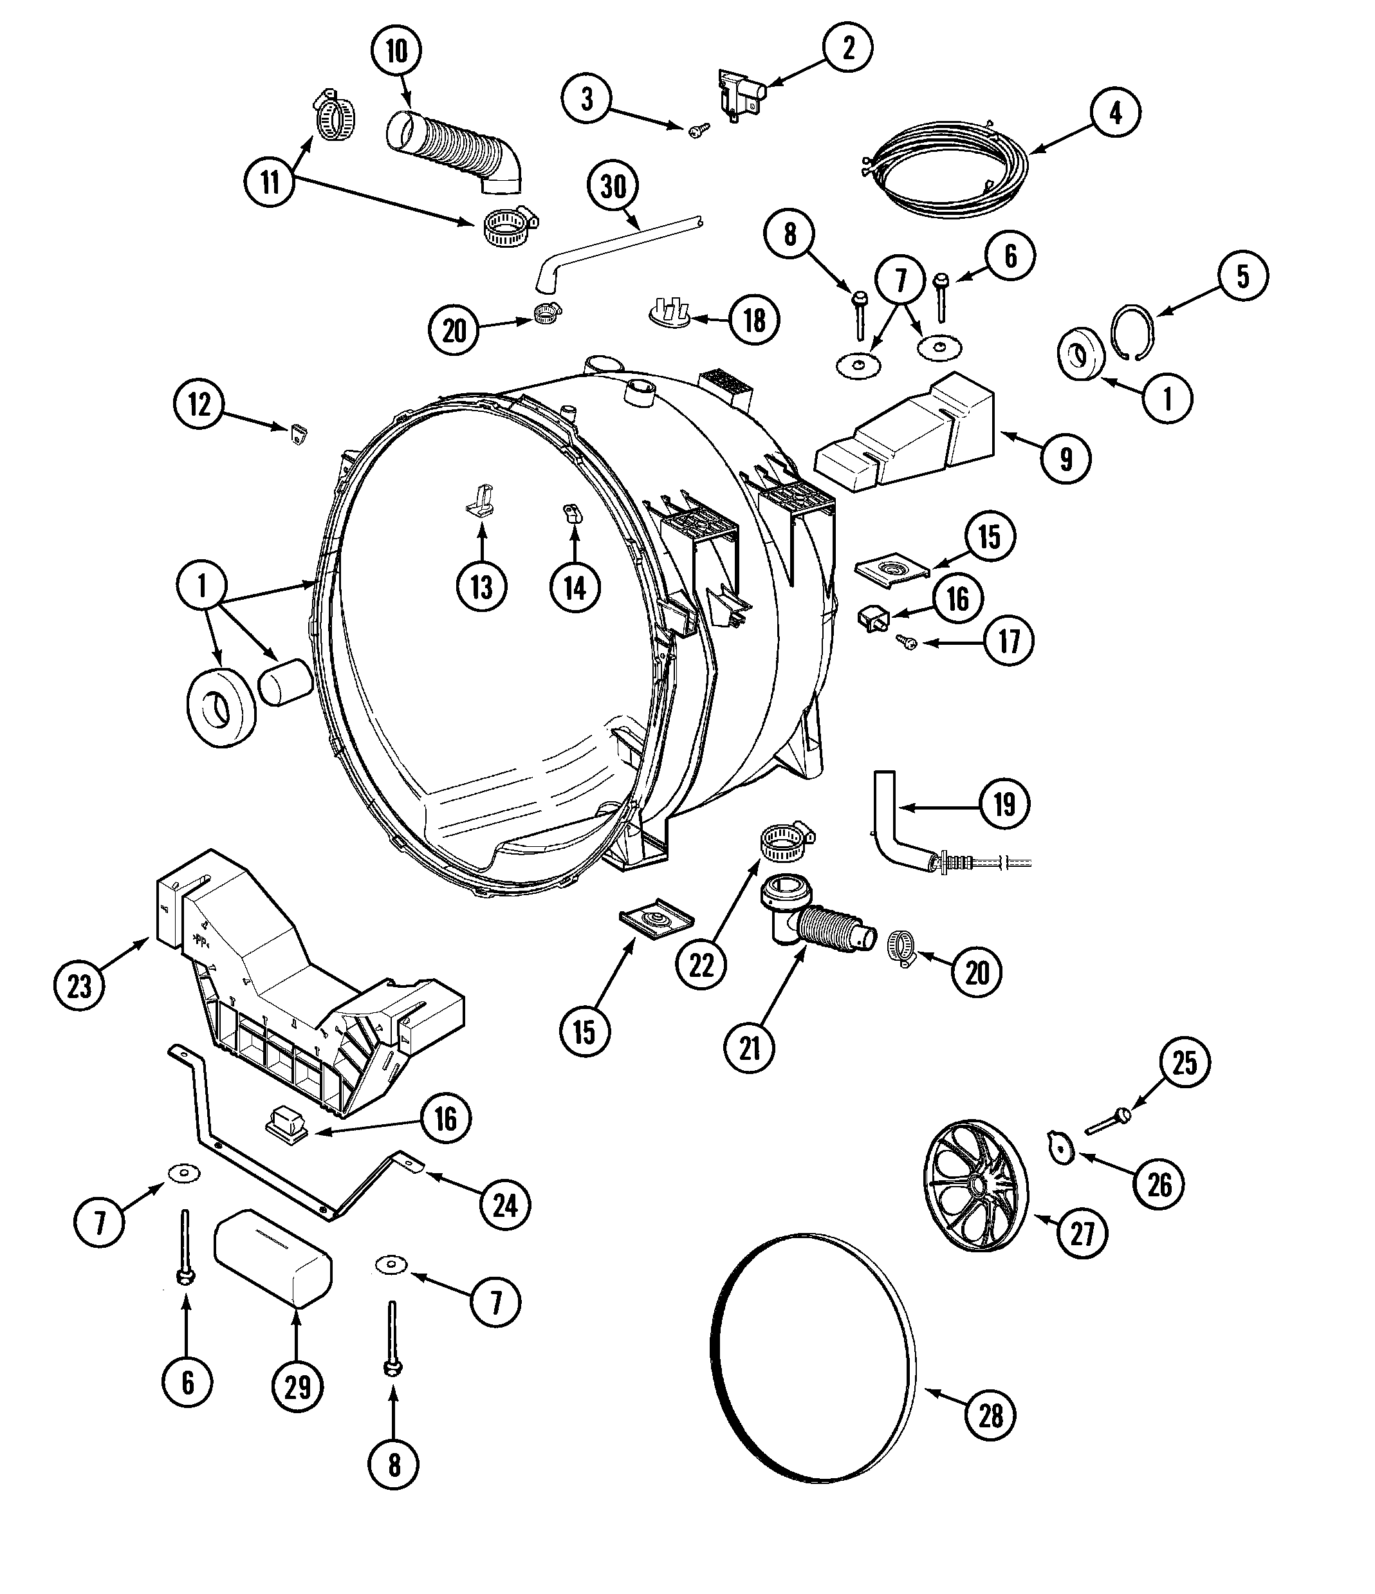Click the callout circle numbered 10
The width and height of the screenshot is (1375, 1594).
[396, 51]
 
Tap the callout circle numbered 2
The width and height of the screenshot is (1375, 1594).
[848, 48]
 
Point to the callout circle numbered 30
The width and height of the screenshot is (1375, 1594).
[613, 186]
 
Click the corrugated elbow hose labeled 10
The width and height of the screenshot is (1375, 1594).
[454, 153]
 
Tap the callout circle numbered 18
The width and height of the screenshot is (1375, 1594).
[753, 320]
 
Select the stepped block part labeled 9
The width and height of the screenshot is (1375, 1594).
[906, 434]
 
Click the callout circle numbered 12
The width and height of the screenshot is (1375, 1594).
[199, 404]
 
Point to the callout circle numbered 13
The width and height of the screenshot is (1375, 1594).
[481, 588]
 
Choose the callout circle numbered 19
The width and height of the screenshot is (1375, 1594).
[1004, 804]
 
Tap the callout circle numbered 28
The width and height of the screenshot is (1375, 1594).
[990, 1414]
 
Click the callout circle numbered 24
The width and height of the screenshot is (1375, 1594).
[504, 1205]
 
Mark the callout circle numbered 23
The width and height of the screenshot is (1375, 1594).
[79, 985]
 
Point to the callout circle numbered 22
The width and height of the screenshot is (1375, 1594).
[701, 965]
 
